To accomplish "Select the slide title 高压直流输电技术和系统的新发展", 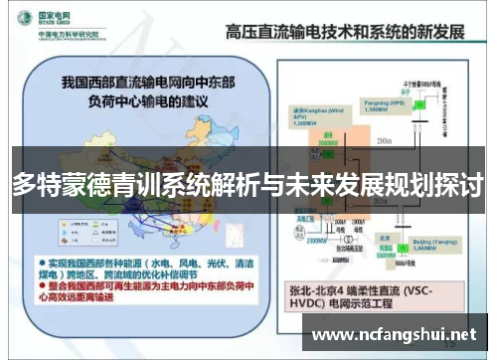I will tap(344, 31).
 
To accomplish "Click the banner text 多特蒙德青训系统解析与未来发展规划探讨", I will tap(248, 184).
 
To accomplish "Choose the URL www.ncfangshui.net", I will tap(395, 335).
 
